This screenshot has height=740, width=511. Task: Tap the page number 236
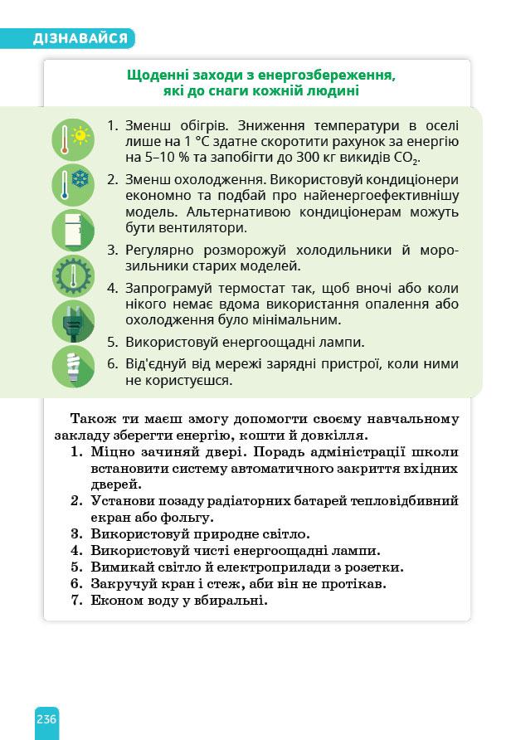pyautogui.click(x=46, y=718)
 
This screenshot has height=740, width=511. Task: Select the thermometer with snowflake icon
pyautogui.click(x=73, y=184)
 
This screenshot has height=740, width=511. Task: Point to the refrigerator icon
pyautogui.click(x=73, y=230)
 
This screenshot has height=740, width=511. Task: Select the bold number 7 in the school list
pyautogui.click(x=75, y=601)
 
